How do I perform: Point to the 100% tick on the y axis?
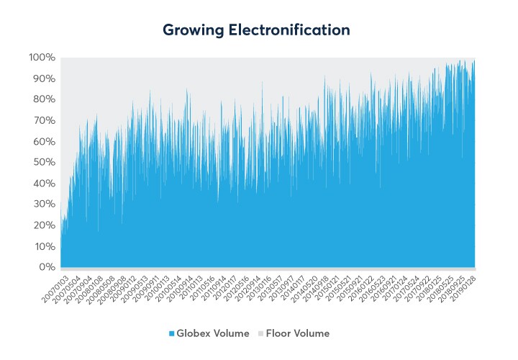coord(42,57)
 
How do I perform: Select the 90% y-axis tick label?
coord(43,78)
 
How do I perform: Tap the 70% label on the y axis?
coord(43,120)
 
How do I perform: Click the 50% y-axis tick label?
coord(43,162)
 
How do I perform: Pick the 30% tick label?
coord(43,204)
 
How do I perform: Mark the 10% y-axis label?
coord(43,246)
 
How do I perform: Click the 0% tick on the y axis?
coord(46,267)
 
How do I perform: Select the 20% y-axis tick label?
coord(43,225)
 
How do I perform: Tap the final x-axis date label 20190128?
coord(464,286)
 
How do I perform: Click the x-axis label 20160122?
coord(360,286)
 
